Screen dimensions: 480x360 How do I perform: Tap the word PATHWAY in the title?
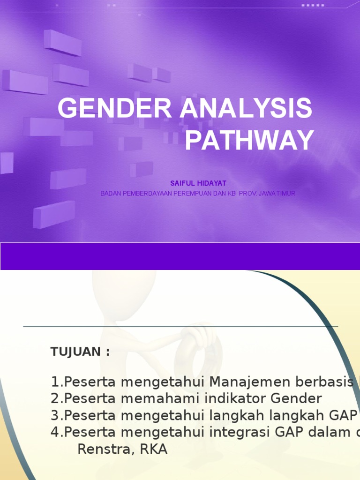[249, 140]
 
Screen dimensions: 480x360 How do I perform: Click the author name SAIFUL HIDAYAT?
[197, 183]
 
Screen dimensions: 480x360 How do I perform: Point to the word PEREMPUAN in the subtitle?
[193, 193]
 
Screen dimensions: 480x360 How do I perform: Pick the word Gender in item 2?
[296, 399]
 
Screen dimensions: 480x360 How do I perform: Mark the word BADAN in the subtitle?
[111, 193]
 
